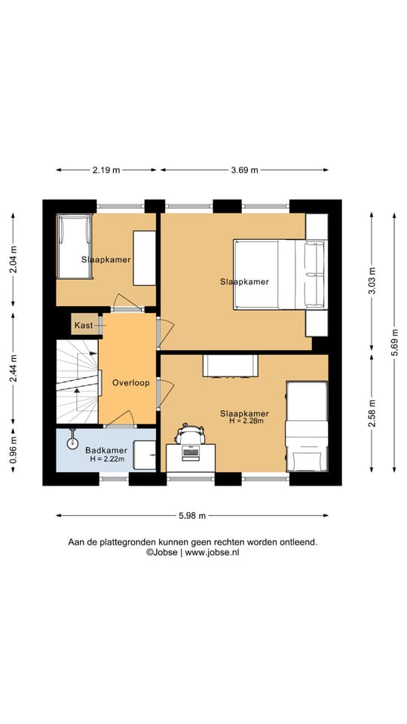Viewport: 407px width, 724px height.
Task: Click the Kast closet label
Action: pos(84,325)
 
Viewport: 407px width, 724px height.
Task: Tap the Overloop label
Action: pos(130,383)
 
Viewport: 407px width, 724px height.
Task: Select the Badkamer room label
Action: pos(106,450)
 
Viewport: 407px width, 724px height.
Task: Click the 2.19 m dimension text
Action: pos(106,170)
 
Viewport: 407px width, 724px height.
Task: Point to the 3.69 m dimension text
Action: pos(244,170)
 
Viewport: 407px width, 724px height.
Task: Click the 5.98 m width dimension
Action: pos(192,516)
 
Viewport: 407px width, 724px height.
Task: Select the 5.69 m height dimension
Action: pos(394,342)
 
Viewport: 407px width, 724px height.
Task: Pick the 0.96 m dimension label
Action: pos(13,450)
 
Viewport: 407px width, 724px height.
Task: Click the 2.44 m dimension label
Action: pos(13,368)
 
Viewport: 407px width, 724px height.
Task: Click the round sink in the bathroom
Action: pos(72,443)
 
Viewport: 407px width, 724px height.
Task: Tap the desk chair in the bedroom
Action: pos(190,434)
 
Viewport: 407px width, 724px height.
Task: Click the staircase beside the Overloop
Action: pos(77,382)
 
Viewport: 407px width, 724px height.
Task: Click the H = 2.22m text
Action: pos(108,459)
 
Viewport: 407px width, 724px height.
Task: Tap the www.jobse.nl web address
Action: pos(213,552)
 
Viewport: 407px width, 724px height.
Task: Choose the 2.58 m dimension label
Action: pos(372,413)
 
